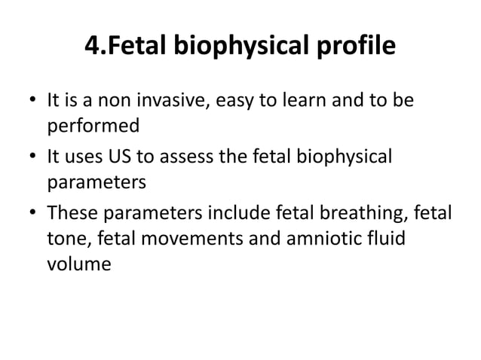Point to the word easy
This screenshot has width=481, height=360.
point(232,100)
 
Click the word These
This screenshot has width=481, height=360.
point(76,215)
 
